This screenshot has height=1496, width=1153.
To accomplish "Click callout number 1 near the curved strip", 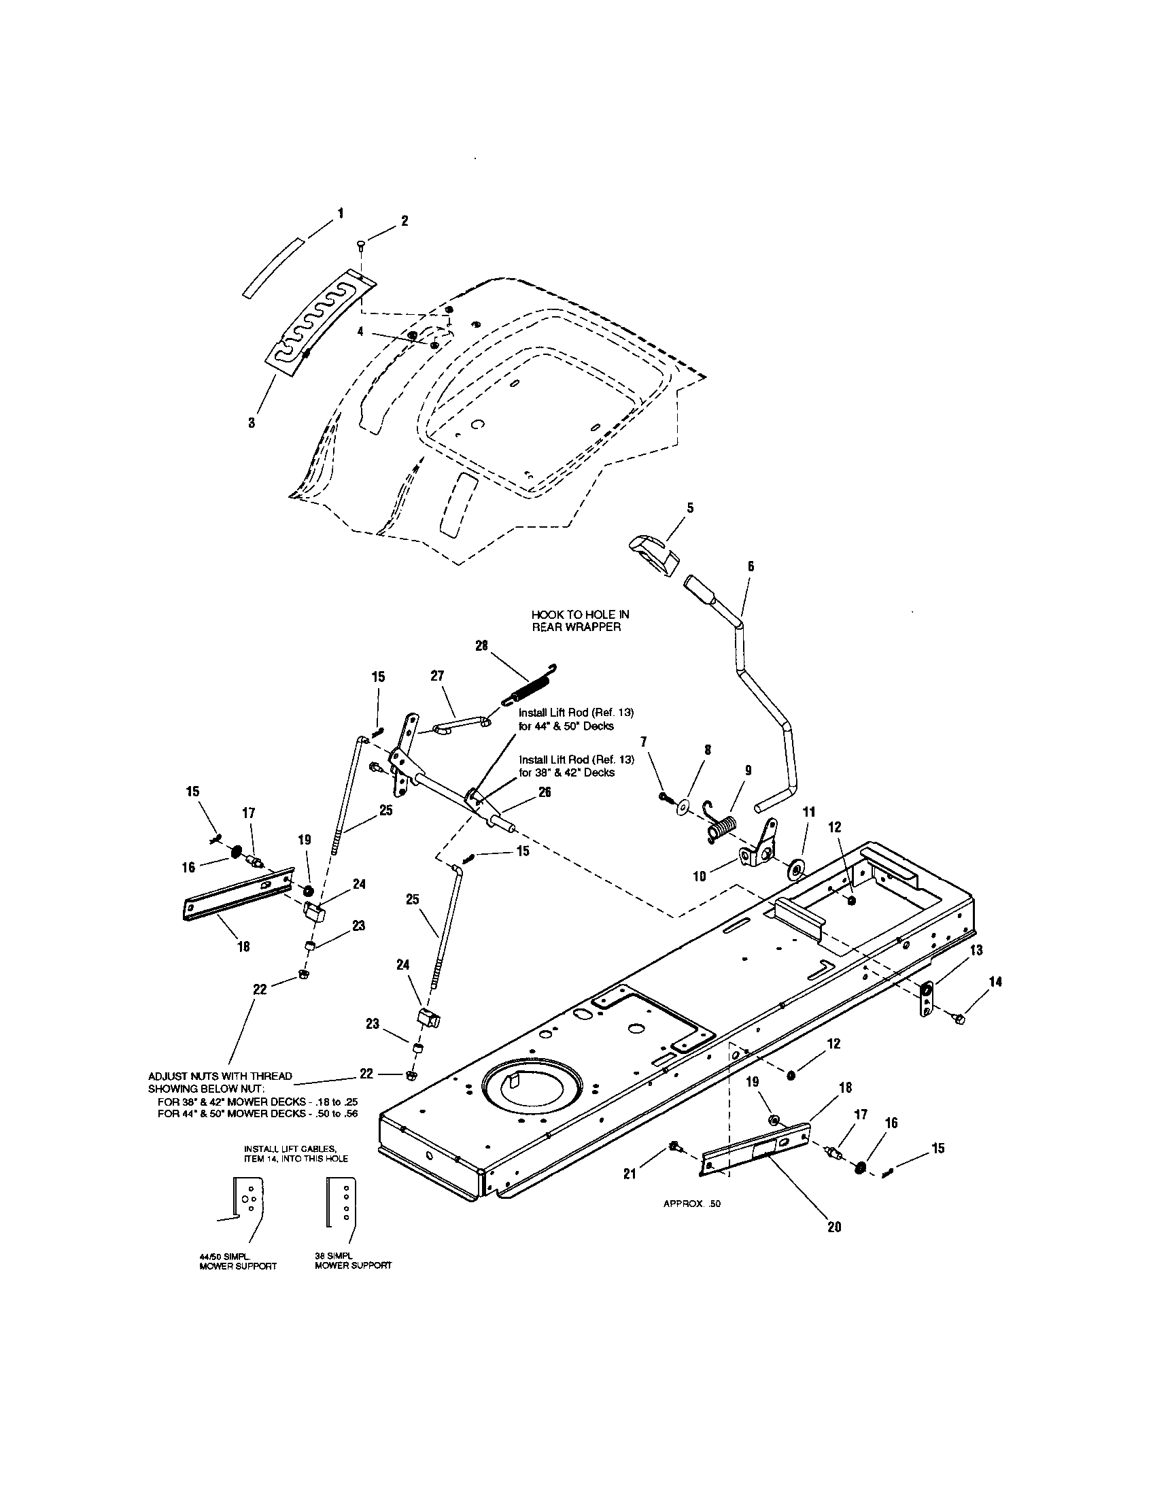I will click(341, 213).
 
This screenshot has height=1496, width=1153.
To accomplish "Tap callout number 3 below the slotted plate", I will click(252, 423).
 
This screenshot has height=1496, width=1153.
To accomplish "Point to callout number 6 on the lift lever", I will click(751, 566).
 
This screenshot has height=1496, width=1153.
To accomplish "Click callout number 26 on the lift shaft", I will click(545, 792).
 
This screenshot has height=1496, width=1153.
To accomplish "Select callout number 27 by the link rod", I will click(437, 676).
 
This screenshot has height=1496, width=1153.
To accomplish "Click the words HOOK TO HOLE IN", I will click(580, 615).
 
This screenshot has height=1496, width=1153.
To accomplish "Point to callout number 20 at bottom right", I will click(834, 1227).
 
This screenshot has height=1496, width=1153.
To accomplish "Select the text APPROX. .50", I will click(691, 1204).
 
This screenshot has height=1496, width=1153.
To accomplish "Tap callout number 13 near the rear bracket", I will click(976, 950).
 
